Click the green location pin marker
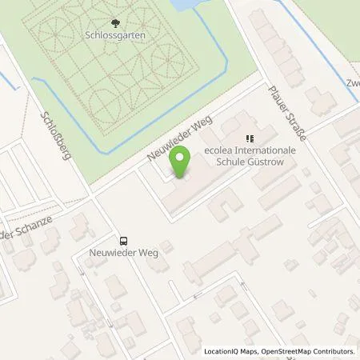[182, 162]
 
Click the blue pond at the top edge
[184, 5]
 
